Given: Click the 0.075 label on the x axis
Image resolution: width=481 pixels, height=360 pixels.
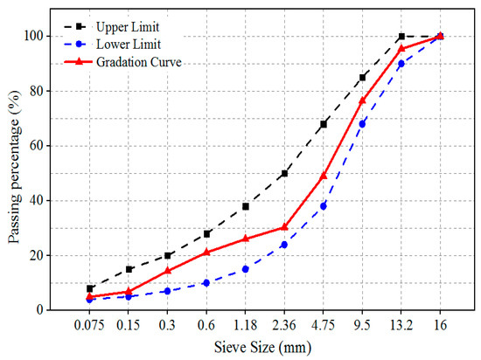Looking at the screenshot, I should pyautogui.click(x=90, y=323).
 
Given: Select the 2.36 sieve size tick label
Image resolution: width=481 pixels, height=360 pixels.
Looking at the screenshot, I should pyautogui.click(x=284, y=323).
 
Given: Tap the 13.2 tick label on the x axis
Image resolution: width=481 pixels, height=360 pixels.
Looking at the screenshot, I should pyautogui.click(x=401, y=323).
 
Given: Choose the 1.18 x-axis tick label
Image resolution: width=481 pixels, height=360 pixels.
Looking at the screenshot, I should pyautogui.click(x=246, y=323).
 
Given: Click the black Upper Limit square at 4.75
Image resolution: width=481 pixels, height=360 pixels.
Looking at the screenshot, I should pyautogui.click(x=324, y=124).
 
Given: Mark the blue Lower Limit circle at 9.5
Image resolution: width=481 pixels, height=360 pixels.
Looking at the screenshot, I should pyautogui.click(x=362, y=123).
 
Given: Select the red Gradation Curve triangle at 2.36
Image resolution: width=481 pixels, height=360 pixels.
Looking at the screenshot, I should pyautogui.click(x=284, y=226).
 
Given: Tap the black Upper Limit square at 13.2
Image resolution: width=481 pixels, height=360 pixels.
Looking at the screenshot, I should pyautogui.click(x=401, y=36).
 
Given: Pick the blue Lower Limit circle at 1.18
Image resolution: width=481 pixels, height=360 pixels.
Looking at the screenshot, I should pyautogui.click(x=246, y=268).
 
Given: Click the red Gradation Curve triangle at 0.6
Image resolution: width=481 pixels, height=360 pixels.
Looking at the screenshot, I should pyautogui.click(x=206, y=252).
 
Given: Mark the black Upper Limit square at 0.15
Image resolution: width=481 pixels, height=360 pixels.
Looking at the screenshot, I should pyautogui.click(x=129, y=268).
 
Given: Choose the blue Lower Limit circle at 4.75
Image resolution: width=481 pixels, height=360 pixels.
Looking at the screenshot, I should pyautogui.click(x=324, y=205).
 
